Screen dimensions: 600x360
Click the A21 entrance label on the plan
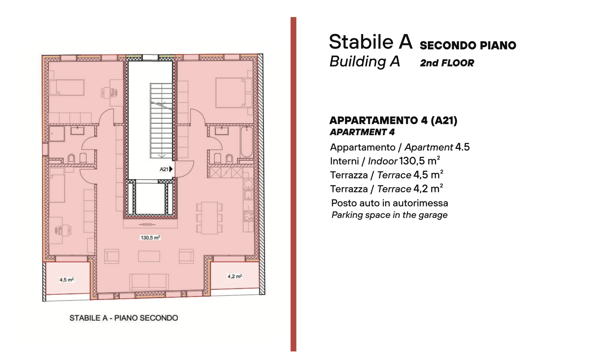tap(164, 169)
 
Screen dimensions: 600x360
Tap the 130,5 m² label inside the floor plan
tap(150, 238)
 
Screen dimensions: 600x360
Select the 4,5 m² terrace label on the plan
tap(67, 280)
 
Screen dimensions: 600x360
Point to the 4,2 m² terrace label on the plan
tap(235, 276)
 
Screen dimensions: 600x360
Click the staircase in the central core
tap(161, 121)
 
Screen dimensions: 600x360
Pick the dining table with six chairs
tap(209, 217)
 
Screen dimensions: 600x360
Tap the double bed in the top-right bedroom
tap(231, 92)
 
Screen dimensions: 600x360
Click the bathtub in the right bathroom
tap(246, 142)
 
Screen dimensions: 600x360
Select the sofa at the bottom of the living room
tap(148, 282)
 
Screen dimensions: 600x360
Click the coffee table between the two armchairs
tap(149, 256)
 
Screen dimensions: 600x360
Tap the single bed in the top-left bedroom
tap(67, 87)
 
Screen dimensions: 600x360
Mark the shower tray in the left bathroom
tap(57, 134)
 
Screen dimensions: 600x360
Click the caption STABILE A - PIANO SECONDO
tap(124, 318)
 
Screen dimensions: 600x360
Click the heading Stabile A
tap(370, 42)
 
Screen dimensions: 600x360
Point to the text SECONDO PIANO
tap(468, 46)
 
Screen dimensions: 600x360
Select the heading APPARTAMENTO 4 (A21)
tap(393, 121)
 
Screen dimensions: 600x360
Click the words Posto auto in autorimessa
tap(390, 203)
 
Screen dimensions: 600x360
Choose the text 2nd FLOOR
tap(447, 63)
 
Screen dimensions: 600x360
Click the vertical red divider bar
tap(293, 184)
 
